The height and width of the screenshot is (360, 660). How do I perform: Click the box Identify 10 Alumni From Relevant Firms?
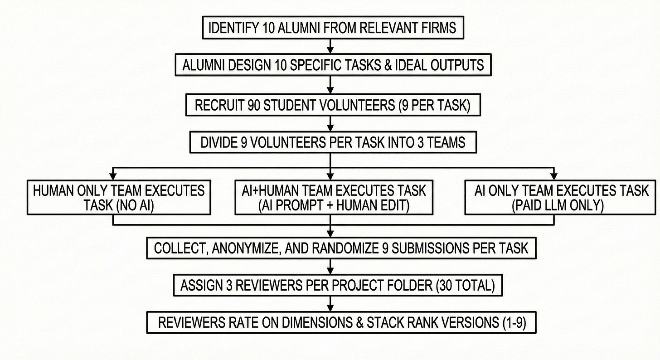tap(333, 28)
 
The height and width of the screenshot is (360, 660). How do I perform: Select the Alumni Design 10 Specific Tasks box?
tap(333, 65)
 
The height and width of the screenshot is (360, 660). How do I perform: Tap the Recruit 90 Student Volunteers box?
tap(333, 105)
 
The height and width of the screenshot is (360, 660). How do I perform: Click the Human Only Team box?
tap(119, 198)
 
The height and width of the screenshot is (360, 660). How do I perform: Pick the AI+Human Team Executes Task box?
tap(334, 198)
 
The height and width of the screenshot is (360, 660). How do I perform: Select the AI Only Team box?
tap(561, 198)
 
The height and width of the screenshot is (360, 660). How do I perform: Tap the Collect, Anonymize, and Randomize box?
tap(341, 248)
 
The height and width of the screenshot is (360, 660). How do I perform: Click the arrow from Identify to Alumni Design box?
tap(330, 47)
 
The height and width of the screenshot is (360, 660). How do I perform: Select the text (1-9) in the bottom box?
tap(514, 322)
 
